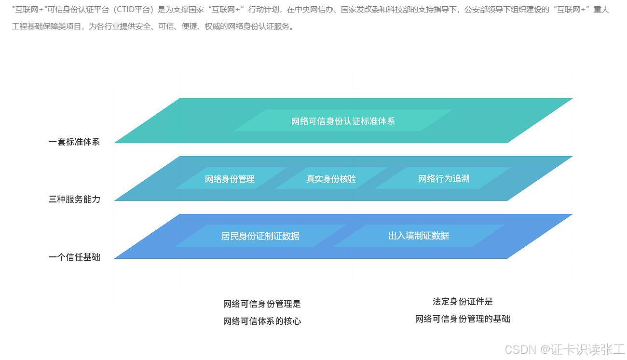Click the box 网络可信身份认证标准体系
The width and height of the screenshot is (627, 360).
click(x=343, y=120)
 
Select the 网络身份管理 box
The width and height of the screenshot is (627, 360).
click(x=230, y=179)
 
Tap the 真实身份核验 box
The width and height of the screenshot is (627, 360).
click(x=331, y=179)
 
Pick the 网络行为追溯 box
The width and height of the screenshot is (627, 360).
click(x=443, y=178)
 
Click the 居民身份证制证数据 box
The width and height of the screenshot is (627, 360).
click(x=260, y=236)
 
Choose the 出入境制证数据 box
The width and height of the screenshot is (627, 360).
click(x=418, y=236)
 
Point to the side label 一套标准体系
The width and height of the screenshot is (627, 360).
click(x=74, y=142)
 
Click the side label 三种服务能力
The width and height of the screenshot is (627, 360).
click(x=74, y=199)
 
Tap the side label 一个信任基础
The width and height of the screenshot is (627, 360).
click(x=74, y=257)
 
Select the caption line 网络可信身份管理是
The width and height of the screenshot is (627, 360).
click(x=262, y=304)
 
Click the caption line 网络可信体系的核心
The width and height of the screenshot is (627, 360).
click(x=262, y=321)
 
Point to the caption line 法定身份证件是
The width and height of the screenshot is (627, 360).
click(x=463, y=302)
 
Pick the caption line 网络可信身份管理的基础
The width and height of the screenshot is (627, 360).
click(x=463, y=319)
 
